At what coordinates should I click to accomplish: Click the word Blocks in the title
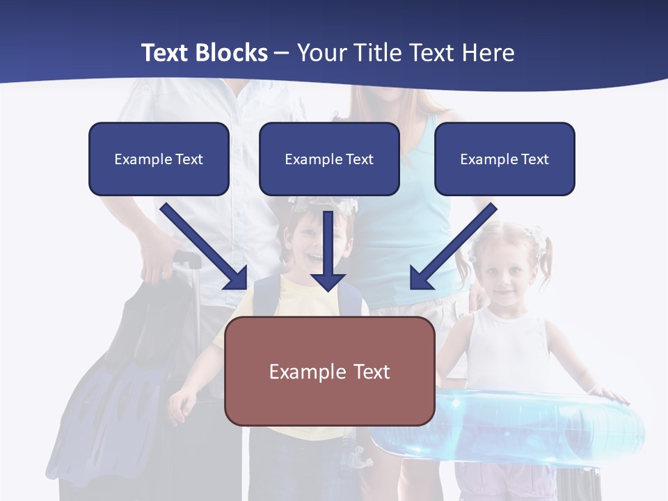[232, 53]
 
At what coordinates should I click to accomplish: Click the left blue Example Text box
[159, 159]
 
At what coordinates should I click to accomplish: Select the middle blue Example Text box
[329, 159]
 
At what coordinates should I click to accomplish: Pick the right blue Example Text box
[504, 159]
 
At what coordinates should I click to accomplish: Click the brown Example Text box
[329, 371]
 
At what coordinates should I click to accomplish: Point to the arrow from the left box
[203, 246]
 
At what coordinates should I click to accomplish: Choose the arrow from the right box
[454, 246]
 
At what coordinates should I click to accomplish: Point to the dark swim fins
[111, 404]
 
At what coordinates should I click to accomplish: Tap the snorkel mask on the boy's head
[324, 204]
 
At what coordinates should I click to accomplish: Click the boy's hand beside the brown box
[183, 402]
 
